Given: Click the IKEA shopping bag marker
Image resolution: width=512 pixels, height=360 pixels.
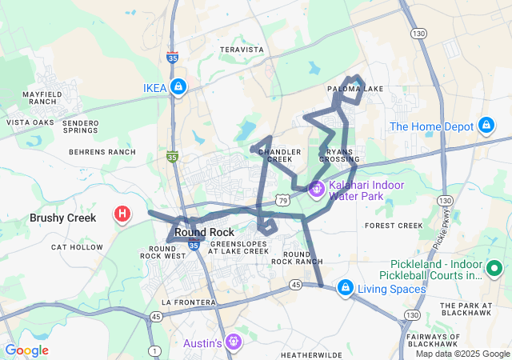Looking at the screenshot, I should [x=178, y=87].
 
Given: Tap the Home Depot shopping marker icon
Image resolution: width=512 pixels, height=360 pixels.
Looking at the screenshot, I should [x=486, y=126].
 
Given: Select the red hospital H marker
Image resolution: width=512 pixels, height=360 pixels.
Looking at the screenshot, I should [x=122, y=214].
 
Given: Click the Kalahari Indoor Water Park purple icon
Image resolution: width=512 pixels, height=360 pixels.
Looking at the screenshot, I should [x=316, y=190].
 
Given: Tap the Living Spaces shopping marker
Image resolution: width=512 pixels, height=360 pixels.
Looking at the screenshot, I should [x=345, y=287].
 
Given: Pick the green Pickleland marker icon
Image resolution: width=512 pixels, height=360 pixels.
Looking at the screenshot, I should [x=495, y=270].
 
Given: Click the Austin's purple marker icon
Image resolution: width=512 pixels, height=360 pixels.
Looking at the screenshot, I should [x=233, y=342].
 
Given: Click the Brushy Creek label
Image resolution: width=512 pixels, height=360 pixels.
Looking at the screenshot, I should [x=62, y=218].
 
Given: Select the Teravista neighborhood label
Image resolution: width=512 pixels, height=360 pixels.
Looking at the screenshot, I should [x=241, y=50].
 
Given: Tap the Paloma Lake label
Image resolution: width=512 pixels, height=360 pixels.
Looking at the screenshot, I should [x=355, y=89].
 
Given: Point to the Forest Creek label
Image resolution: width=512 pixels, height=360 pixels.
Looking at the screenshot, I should [x=393, y=226].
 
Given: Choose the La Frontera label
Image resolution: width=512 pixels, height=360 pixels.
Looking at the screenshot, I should [x=188, y=302].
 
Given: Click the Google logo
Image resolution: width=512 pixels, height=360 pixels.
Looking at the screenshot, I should [x=27, y=350].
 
